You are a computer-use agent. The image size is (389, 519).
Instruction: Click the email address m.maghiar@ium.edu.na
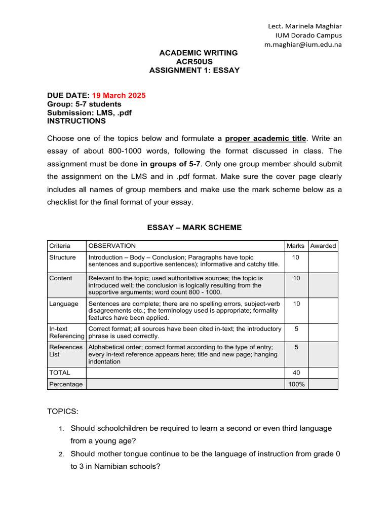tap(303, 45)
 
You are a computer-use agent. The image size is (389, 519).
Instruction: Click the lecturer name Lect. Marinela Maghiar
tap(304, 26)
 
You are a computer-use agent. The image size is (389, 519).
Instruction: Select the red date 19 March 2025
tap(119, 95)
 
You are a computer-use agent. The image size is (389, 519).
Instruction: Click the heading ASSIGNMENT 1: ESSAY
tap(194, 70)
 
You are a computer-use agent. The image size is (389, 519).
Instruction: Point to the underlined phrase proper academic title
tap(265, 138)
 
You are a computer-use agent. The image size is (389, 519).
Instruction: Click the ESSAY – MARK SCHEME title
tap(194, 228)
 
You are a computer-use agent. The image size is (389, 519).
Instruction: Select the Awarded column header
tap(323, 246)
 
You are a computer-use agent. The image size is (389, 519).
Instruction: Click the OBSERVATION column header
tap(112, 246)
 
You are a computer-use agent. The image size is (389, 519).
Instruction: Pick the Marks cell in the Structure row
tap(296, 257)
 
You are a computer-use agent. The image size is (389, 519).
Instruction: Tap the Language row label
tap(64, 304)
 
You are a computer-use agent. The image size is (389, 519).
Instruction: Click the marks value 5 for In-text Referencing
tap(296, 329)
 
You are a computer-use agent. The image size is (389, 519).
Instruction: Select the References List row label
tap(66, 351)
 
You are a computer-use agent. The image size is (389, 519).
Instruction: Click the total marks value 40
tap(296, 373)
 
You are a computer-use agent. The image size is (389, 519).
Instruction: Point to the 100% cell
tap(296, 384)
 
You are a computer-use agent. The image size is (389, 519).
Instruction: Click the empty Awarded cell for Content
tap(323, 285)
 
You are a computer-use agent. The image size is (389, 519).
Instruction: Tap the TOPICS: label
tap(63, 411)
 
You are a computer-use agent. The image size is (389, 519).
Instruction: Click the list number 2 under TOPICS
tap(60, 454)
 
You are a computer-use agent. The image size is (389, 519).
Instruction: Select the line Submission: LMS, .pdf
tap(89, 113)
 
